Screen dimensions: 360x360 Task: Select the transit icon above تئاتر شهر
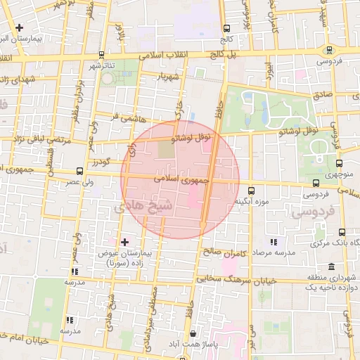(x=101, y=54)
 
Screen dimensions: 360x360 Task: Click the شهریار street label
(x=171, y=75)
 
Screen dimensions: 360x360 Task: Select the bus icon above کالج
(x=226, y=30)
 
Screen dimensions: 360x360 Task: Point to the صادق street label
(x=322, y=94)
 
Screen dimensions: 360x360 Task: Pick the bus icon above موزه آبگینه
(x=252, y=191)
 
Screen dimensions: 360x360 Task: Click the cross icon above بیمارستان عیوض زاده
(x=125, y=242)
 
